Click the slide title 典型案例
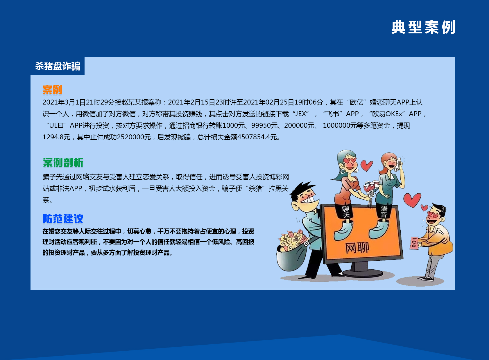tap(423, 27)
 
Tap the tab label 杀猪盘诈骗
tap(58, 66)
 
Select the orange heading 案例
tap(52, 90)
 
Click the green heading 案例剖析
tap(63, 162)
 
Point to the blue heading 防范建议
tap(63, 219)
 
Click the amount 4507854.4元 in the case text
tap(257, 137)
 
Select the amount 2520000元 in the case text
tap(134, 137)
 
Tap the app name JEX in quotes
tap(301, 114)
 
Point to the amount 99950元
tap(264, 125)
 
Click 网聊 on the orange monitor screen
tap(357, 248)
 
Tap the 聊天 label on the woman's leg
tap(345, 212)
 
